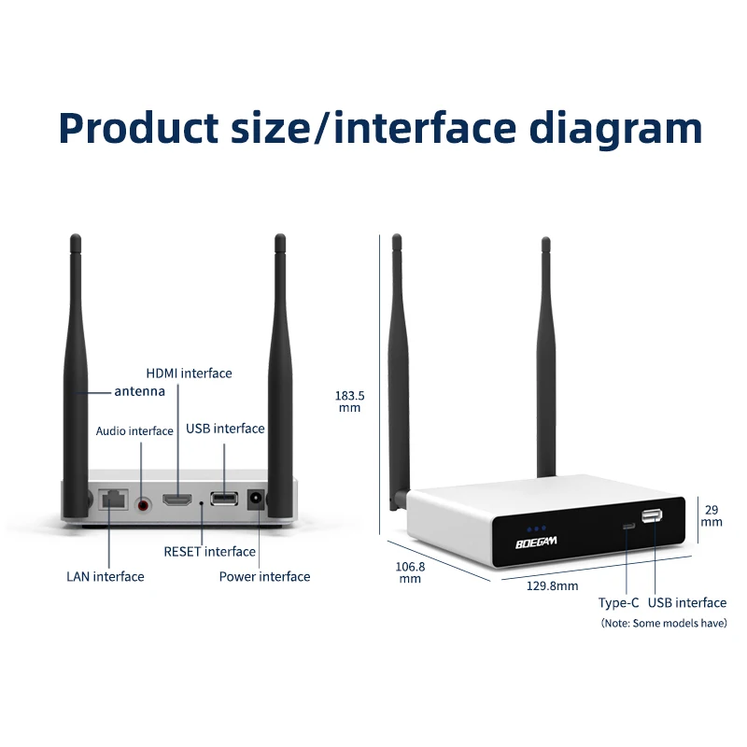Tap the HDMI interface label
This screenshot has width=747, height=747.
point(189,373)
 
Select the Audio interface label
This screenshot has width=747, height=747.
point(134,431)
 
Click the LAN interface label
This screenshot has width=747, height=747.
point(106,576)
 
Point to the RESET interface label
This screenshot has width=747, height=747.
point(209,552)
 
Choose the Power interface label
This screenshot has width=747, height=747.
point(264,576)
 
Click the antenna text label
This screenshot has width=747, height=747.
point(140,391)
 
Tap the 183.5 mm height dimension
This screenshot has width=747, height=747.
point(349,402)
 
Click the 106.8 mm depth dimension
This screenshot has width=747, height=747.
point(411,572)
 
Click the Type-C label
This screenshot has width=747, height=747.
point(618,603)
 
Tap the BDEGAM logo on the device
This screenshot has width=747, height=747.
point(535,542)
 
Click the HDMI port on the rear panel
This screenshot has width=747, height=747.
point(177,500)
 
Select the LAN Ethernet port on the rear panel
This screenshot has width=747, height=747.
point(113,500)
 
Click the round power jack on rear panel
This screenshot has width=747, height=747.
point(253,501)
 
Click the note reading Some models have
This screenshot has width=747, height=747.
point(663,623)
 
